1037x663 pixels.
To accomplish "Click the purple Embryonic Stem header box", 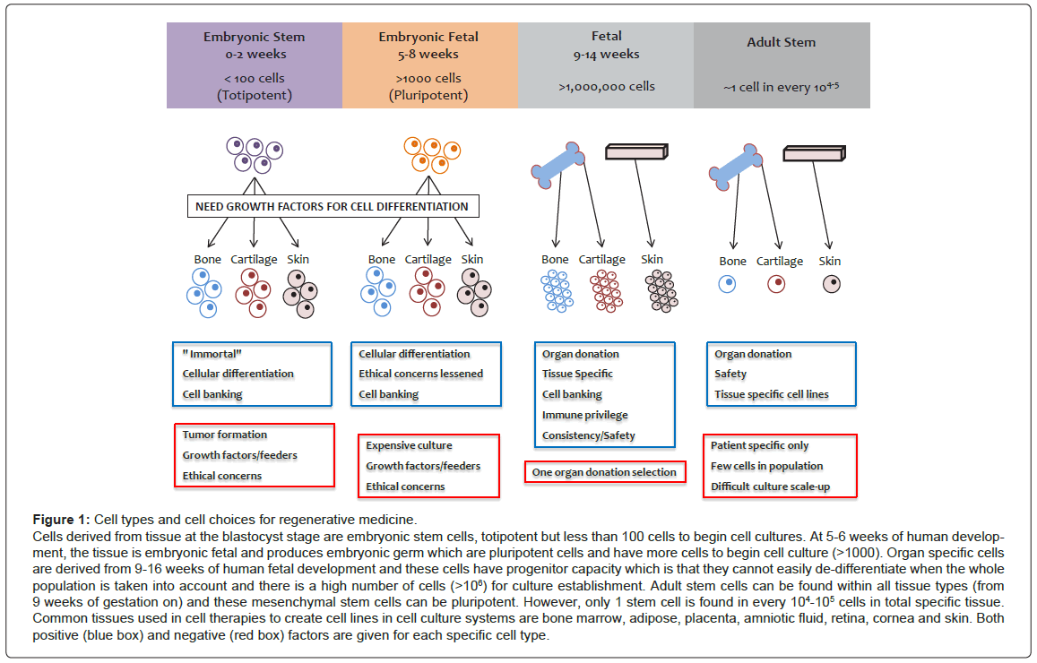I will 254,65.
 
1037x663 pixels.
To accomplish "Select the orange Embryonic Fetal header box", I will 429,65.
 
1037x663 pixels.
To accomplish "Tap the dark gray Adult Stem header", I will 782,65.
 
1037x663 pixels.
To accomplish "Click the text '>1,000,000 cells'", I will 606,87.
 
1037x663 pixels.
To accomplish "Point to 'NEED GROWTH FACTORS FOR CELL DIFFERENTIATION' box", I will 332,206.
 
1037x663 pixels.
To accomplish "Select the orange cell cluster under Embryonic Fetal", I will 428,154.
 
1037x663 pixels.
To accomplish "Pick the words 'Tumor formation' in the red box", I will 224,435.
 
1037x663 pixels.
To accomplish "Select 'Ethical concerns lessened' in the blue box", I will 420,374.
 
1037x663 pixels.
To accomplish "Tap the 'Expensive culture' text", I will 409,445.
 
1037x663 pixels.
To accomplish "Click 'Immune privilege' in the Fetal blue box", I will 584,415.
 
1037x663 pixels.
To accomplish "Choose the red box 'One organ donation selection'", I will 604,472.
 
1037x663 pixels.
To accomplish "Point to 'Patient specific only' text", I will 759,445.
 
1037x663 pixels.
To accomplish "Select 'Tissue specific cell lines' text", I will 771,394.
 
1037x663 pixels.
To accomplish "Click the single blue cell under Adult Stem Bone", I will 729,284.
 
